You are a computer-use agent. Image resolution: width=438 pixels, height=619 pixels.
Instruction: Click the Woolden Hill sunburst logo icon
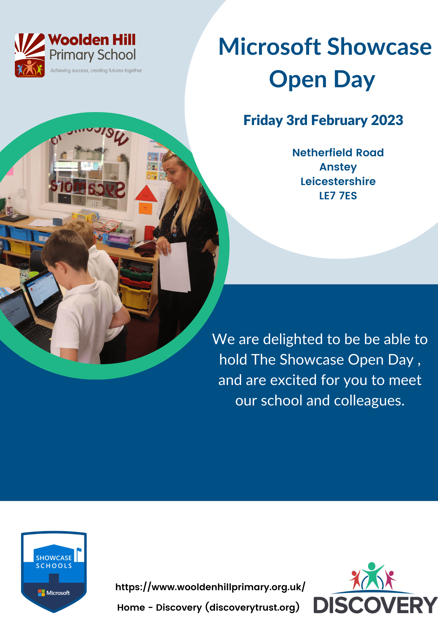(x=30, y=55)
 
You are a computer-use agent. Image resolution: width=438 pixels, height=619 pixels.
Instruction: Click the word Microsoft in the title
(x=270, y=47)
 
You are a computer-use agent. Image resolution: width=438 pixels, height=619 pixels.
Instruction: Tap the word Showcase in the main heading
(x=379, y=47)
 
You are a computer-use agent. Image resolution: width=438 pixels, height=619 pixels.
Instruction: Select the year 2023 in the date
(x=387, y=120)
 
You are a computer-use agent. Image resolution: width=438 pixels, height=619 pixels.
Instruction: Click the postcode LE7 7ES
(x=338, y=196)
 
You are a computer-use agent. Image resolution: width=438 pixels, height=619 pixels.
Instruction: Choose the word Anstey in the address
(x=338, y=167)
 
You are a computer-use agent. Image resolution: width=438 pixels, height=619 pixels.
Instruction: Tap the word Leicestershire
(x=338, y=181)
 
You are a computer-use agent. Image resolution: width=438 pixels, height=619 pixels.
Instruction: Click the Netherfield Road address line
(x=338, y=153)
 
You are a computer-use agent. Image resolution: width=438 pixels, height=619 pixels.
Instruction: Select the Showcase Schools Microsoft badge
(x=54, y=571)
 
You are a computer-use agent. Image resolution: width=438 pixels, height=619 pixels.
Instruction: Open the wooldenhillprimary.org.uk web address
(x=210, y=587)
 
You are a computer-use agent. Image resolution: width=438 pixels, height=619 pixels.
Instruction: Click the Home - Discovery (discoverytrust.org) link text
(x=208, y=607)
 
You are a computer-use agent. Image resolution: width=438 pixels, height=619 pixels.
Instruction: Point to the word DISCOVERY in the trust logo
(x=375, y=605)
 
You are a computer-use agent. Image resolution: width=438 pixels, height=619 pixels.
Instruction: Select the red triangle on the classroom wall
(x=146, y=193)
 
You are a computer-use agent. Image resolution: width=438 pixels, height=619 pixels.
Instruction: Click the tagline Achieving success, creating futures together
(x=96, y=71)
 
